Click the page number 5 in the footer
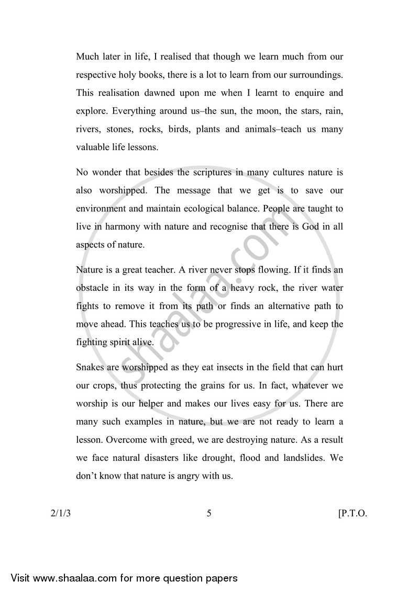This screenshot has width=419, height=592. coord(209,513)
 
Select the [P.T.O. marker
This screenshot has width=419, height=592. coord(353,513)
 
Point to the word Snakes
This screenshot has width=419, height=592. coord(91,367)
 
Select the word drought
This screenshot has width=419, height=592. coord(217,459)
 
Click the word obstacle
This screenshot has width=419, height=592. coord(93,288)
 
